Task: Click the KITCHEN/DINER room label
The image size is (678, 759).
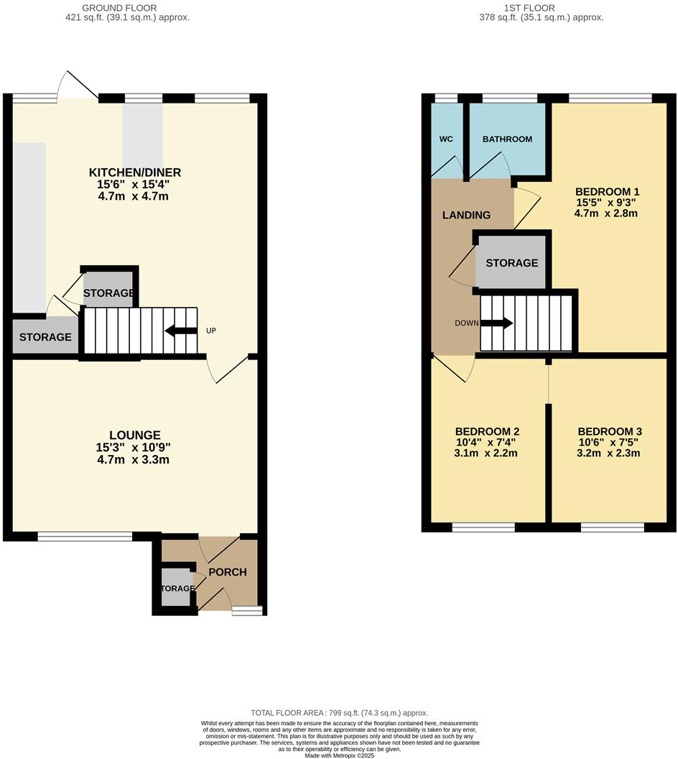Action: (134, 172)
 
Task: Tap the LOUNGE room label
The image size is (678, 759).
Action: (134, 435)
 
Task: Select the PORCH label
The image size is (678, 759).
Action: (227, 572)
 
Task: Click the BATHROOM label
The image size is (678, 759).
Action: (507, 139)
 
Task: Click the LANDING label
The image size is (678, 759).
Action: (466, 215)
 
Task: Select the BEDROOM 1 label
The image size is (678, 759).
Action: (607, 192)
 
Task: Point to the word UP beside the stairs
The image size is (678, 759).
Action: (210, 331)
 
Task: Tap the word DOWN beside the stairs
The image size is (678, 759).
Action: (466, 323)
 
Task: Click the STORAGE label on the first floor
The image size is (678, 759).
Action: (511, 263)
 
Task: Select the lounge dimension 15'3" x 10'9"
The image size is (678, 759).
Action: (134, 447)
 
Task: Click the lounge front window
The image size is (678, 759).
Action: (85, 535)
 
